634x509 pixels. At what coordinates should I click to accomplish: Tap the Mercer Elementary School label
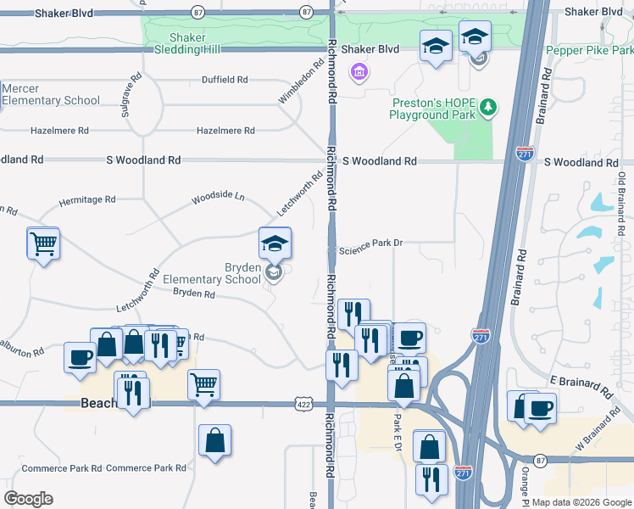pos(50,94)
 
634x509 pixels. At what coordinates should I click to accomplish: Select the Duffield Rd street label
pos(225,80)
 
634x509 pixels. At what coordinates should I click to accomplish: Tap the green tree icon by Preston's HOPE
pos(487,107)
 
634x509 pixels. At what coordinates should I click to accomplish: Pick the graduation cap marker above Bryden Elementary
pos(275,243)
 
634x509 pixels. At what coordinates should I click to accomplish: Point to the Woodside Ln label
pos(218,197)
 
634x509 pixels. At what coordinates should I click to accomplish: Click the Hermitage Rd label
pos(86,200)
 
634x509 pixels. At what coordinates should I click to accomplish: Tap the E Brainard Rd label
pos(581,385)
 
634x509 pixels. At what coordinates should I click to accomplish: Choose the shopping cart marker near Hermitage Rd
pos(43,243)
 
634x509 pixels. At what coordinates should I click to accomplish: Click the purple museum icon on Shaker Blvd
pos(359,70)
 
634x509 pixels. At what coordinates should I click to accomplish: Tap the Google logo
pos(28,499)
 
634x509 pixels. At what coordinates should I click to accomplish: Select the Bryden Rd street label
pos(194,294)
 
